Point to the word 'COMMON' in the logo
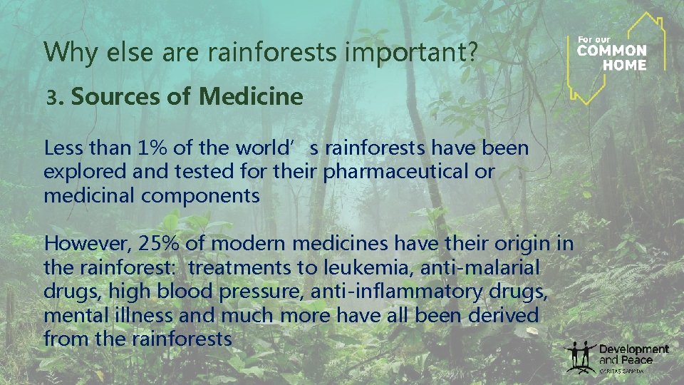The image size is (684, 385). coord(611,51)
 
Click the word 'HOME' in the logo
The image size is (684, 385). coord(624,64)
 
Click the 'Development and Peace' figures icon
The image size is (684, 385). coord(580,356)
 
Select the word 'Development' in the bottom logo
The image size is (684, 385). coord(634,349)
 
